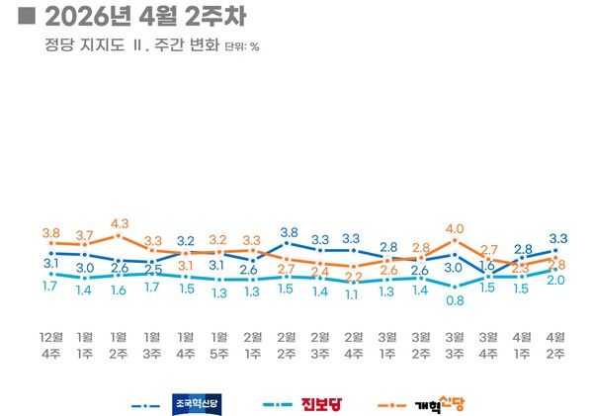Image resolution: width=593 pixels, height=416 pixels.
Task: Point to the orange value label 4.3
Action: pos(119,223)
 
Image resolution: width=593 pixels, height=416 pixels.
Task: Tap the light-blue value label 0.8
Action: pos(455,300)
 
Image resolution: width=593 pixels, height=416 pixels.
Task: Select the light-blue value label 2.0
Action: pos(555,281)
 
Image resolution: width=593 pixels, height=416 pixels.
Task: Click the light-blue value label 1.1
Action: pos(353,293)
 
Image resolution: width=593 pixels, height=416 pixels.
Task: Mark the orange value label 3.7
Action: pos(85,234)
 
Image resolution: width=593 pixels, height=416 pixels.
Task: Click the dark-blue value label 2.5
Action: pos(152,269)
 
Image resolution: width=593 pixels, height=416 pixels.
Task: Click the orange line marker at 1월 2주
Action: pos(119,235)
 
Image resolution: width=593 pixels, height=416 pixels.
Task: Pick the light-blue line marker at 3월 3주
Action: pos(455,287)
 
